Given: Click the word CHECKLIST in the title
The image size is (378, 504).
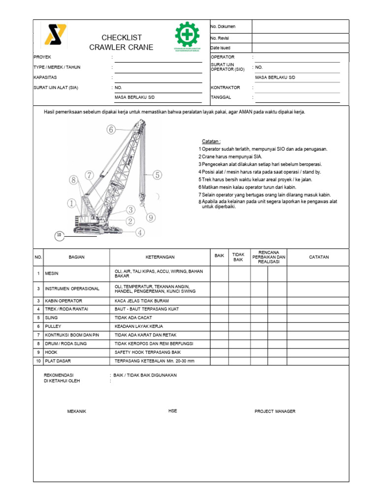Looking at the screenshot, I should [121, 38].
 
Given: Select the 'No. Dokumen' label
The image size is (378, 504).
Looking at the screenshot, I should [222, 26].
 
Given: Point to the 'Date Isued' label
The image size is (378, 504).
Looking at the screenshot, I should [220, 48].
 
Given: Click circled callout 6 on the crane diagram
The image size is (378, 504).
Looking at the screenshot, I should [111, 130].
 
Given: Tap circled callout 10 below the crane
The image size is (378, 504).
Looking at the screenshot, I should [60, 236].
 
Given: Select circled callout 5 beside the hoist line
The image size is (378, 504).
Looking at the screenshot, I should [157, 175].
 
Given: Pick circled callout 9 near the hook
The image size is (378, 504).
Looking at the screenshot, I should [151, 218].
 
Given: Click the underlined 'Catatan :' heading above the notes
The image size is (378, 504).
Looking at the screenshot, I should [211, 141].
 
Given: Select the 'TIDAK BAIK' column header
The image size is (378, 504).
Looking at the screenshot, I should [238, 257].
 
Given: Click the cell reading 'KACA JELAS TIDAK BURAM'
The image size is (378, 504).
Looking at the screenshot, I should [142, 301].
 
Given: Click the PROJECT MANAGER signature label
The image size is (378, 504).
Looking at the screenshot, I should [275, 411].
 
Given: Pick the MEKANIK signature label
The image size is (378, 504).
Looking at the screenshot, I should [76, 411].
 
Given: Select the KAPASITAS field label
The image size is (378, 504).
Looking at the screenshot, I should [45, 78].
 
